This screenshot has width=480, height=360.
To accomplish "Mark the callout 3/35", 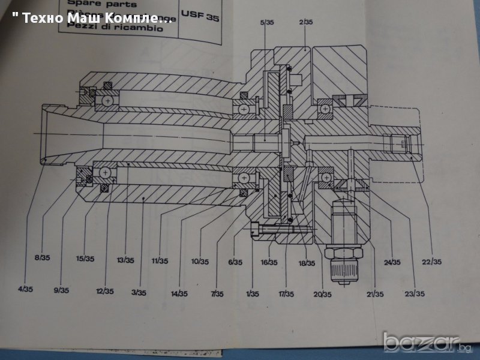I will (139, 292).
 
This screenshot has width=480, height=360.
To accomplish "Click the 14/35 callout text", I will (179, 293).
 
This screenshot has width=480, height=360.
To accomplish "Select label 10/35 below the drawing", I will (200, 262).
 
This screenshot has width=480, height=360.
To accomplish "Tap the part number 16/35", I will (269, 262).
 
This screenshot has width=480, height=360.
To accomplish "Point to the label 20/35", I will (322, 294).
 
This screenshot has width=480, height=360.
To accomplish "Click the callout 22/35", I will (432, 262).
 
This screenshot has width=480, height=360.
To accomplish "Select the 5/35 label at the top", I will (268, 22).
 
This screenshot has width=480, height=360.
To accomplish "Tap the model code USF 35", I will (205, 17).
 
